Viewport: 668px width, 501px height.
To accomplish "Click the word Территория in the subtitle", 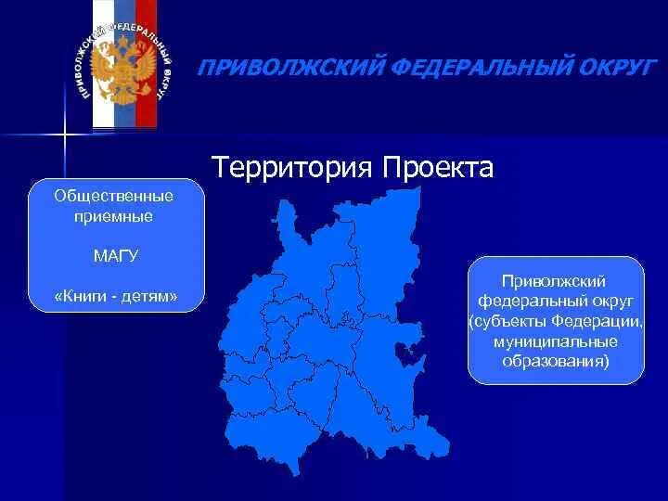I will click(x=292, y=168).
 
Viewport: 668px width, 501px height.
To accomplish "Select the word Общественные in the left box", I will click(x=115, y=195).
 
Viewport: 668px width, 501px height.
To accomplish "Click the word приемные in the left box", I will click(x=115, y=215).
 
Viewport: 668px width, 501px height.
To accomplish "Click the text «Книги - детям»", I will click(x=115, y=297).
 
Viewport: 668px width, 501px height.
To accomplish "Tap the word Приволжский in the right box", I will click(x=554, y=279).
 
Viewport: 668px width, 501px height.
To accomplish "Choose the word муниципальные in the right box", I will click(x=556, y=341).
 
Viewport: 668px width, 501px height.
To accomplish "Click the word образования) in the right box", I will click(x=556, y=362).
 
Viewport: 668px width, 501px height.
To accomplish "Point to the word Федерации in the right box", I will click(x=594, y=321).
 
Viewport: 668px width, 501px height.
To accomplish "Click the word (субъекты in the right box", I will click(x=507, y=321).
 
